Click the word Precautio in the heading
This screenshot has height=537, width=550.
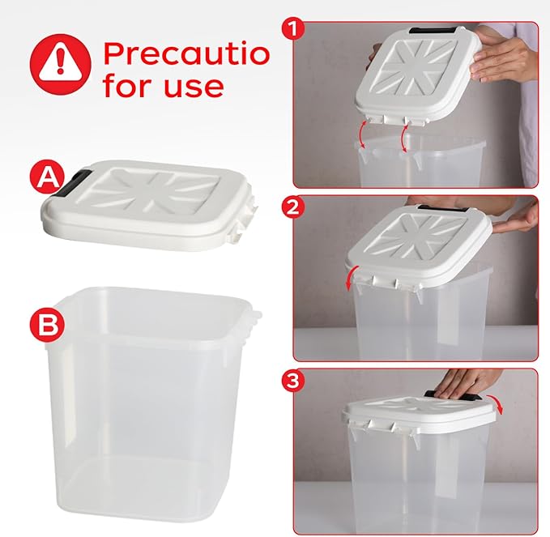pyautogui.click(x=185, y=53)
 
